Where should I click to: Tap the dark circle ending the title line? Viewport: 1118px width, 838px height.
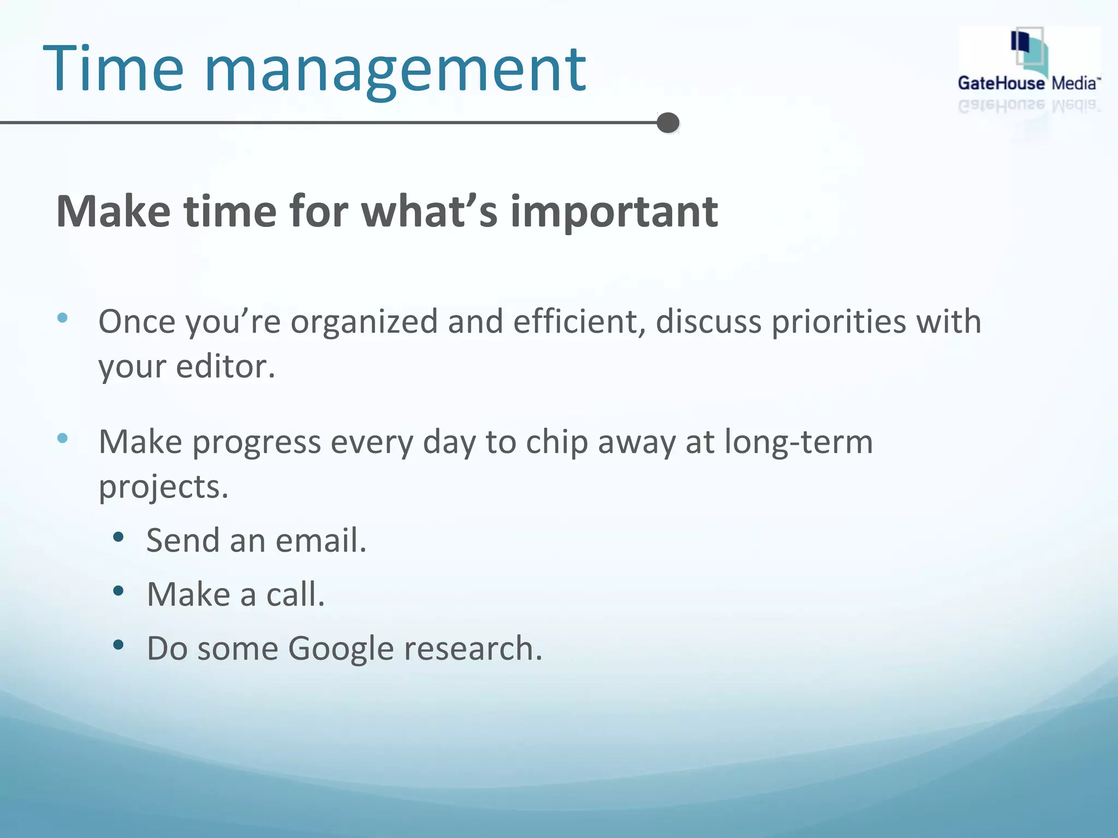[x=668, y=123]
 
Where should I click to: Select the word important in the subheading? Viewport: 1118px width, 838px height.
[x=614, y=212]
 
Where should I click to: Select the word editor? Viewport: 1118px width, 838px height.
[x=225, y=367]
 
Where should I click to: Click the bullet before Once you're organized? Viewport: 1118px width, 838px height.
[x=63, y=318]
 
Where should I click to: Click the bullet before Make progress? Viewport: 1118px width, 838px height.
[x=63, y=438]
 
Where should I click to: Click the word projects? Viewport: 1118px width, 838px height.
[x=163, y=488]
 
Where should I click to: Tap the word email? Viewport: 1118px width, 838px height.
[x=320, y=541]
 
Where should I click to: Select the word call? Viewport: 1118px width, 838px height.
[x=295, y=594]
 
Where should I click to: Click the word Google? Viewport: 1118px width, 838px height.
[x=341, y=649]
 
